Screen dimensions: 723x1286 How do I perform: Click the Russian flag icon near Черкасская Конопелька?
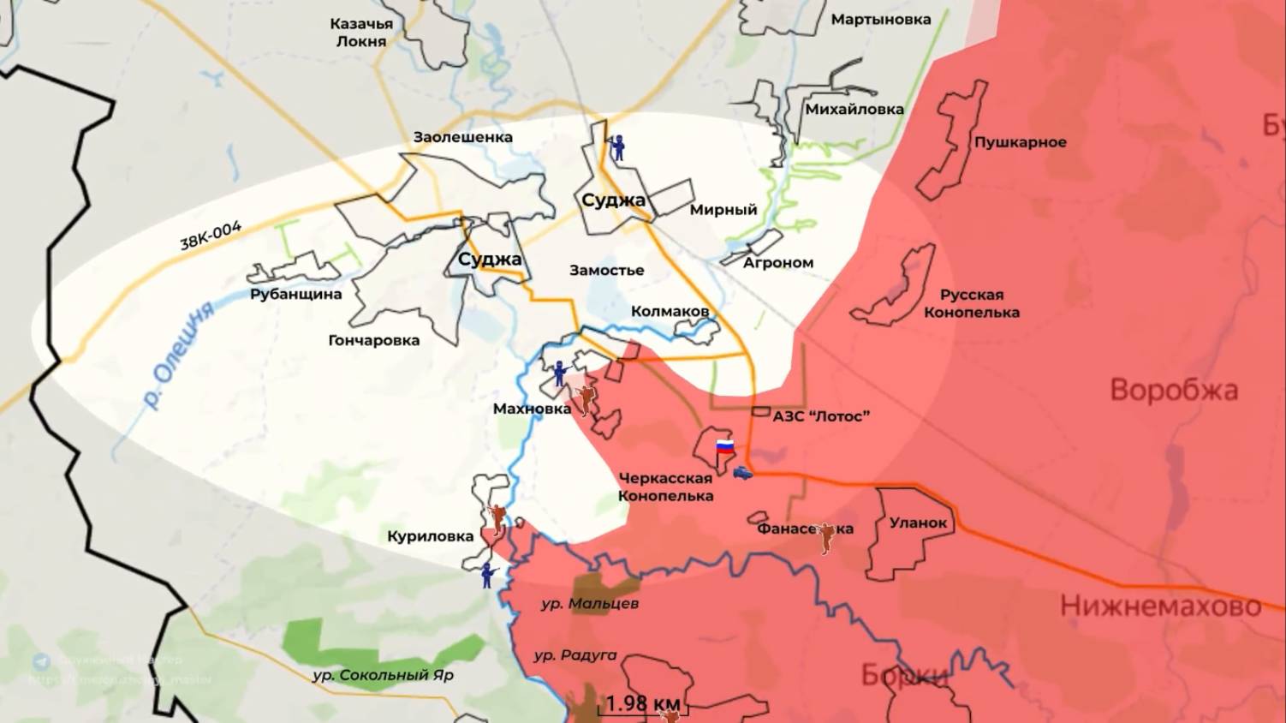click(x=724, y=445)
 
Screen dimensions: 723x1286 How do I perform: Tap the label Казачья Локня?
click(x=361, y=33)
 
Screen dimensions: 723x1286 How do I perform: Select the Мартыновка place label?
click(x=880, y=19)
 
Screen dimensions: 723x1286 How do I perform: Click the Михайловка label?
click(x=854, y=109)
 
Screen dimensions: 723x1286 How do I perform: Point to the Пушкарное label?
click(x=1020, y=142)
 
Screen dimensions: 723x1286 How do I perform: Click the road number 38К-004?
click(x=211, y=236)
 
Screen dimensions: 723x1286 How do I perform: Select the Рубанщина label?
click(x=295, y=294)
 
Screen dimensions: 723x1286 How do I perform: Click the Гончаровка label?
click(x=373, y=340)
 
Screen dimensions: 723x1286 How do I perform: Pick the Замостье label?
click(x=606, y=270)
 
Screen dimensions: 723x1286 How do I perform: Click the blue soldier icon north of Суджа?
click(x=618, y=147)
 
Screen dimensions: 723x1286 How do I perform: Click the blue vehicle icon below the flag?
click(x=742, y=472)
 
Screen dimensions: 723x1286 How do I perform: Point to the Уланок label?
click(x=918, y=522)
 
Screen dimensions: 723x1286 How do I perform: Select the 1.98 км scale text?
click(x=642, y=704)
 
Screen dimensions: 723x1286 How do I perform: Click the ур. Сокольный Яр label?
click(x=383, y=675)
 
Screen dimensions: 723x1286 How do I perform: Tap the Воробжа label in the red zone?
click(x=1173, y=391)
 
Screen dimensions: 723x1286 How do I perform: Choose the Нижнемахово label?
click(x=1160, y=606)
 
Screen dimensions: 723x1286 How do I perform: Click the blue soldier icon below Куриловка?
click(x=488, y=574)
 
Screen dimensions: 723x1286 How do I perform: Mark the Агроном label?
click(x=777, y=263)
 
